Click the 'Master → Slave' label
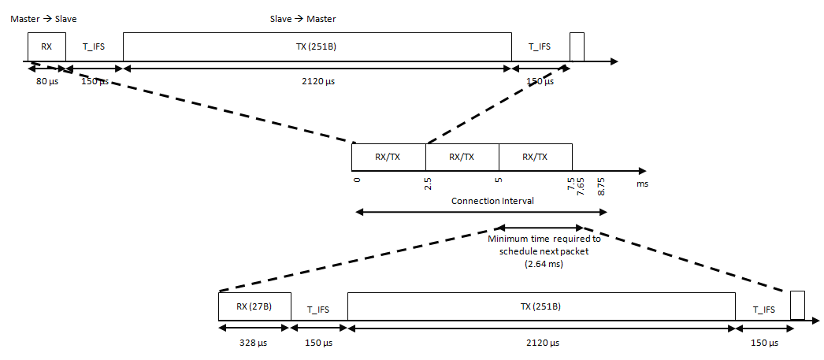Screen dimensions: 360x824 (x=43, y=17)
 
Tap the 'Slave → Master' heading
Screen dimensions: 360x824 (x=303, y=17)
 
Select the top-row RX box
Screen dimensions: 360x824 (x=46, y=46)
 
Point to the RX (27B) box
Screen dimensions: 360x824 (x=254, y=306)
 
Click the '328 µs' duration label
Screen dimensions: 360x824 (x=254, y=343)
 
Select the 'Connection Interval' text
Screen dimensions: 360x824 (x=492, y=201)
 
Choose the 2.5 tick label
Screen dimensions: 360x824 (x=428, y=184)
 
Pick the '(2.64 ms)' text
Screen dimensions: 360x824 (x=544, y=265)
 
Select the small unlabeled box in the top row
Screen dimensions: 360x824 (x=577, y=46)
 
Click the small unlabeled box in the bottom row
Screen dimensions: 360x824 (x=797, y=305)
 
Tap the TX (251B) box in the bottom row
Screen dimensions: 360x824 (x=540, y=306)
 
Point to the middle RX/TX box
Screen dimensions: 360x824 (x=462, y=157)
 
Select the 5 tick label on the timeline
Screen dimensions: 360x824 (x=499, y=180)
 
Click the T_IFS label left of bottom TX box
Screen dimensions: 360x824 (x=318, y=310)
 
